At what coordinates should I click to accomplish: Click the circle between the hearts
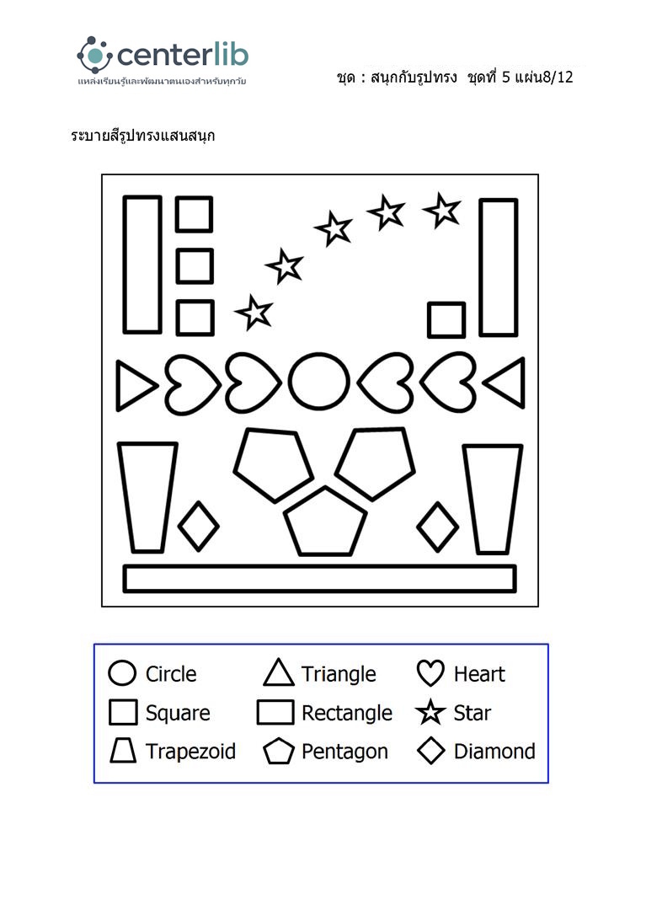point(319,384)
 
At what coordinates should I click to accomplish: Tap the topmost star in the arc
point(442,210)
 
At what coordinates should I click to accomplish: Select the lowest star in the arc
point(254,313)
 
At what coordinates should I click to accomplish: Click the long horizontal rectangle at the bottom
point(319,578)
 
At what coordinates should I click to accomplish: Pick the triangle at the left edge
point(134,387)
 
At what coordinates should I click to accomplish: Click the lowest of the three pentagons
point(325,523)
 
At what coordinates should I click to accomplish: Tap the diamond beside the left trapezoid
point(199,526)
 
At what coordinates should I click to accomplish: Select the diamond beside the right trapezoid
point(438,527)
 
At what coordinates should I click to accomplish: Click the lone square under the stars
point(446,320)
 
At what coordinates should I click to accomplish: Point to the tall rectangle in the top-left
point(142,264)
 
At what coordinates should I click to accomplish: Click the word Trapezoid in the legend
point(190,752)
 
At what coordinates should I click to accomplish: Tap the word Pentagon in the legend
point(344,752)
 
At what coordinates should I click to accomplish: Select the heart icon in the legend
point(430,673)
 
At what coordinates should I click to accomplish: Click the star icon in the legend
point(430,713)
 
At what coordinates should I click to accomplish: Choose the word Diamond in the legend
point(494,752)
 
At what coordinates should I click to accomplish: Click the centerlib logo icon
point(94,56)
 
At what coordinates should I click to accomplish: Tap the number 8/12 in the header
point(557,78)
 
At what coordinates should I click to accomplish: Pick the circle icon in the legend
point(123,673)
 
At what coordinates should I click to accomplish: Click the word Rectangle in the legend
point(347,713)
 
